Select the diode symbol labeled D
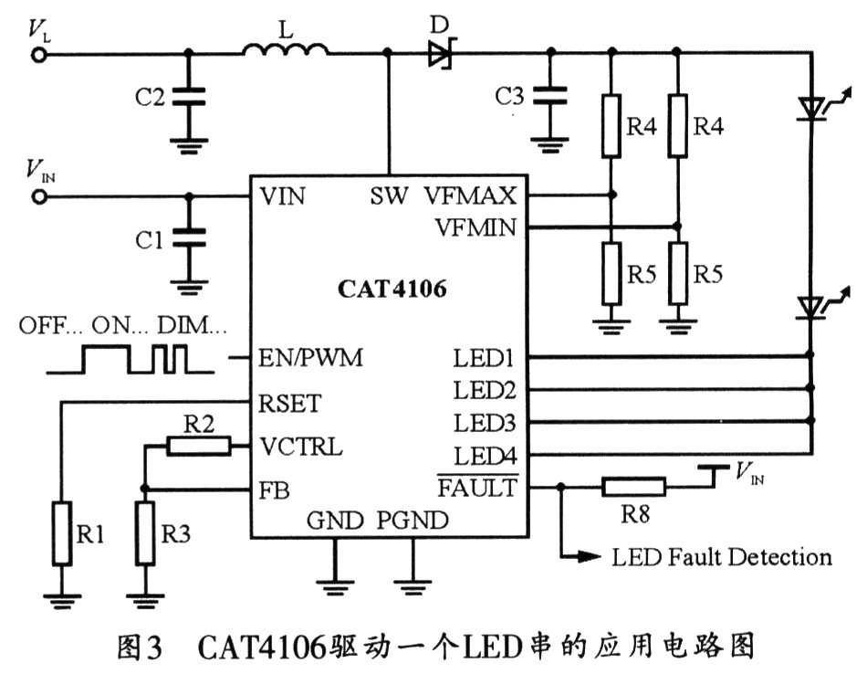(441, 54)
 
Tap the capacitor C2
(189, 96)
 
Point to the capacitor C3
(549, 95)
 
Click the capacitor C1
(189, 240)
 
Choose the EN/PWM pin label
(311, 358)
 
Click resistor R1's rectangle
(63, 532)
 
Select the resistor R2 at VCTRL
(198, 445)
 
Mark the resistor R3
(145, 532)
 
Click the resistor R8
(633, 488)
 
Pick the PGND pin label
(413, 521)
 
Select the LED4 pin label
(485, 454)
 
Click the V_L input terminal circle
(39, 54)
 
